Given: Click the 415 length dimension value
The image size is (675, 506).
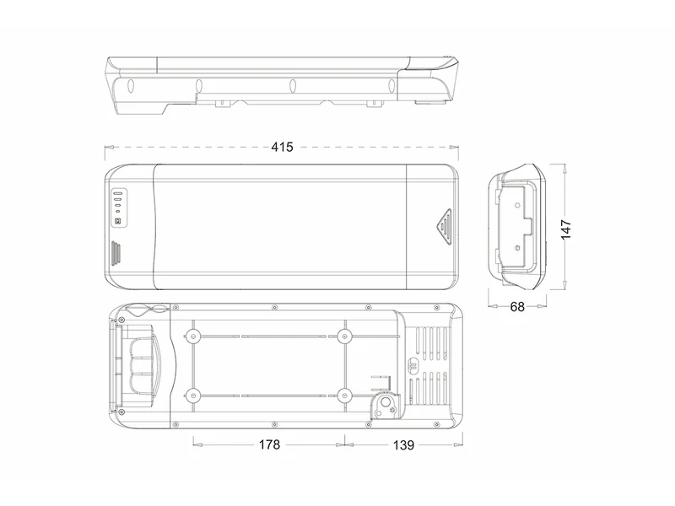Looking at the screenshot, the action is point(282,147).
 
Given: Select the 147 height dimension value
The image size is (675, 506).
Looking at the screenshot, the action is point(565,229).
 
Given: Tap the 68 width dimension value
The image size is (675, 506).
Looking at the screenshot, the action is point(517,307).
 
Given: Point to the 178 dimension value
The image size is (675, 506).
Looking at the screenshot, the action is point(269,444).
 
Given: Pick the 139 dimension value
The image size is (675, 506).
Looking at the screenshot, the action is point(403,445).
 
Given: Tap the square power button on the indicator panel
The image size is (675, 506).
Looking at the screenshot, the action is point(118,222).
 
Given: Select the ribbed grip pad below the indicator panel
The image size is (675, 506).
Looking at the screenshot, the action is point(116,254).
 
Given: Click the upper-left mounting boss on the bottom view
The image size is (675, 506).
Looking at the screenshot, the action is point(192,336).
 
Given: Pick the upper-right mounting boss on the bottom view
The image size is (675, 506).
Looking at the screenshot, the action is point(344,336).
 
